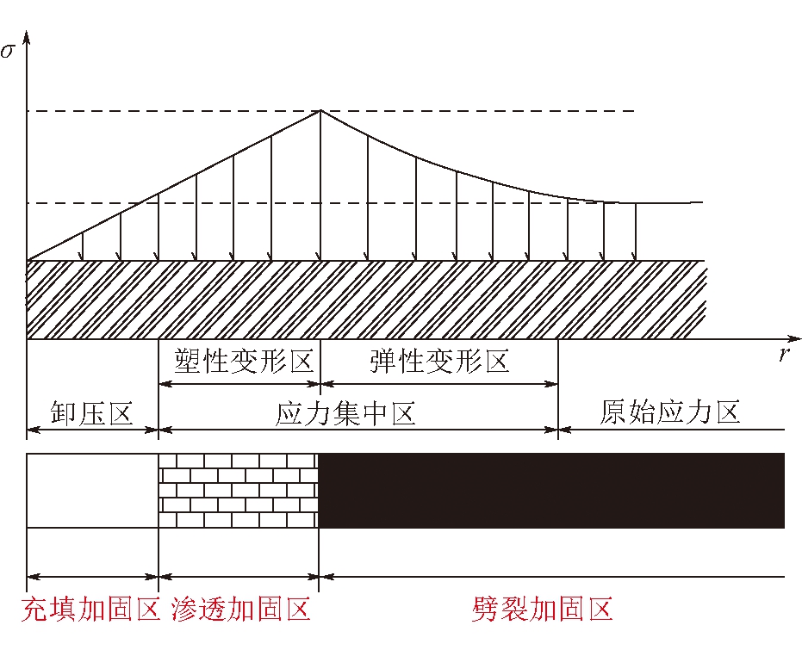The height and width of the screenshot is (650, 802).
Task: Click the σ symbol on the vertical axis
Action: [8, 51]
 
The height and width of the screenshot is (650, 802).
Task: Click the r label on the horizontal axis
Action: [784, 354]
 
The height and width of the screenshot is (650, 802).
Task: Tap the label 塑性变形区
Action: [244, 361]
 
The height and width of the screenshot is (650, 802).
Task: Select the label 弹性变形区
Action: [439, 361]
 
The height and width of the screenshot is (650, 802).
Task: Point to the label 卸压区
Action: [92, 412]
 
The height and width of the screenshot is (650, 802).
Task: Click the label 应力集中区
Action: [345, 413]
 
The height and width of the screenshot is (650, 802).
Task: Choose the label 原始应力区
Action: [670, 412]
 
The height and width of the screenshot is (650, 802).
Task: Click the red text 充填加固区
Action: [91, 609]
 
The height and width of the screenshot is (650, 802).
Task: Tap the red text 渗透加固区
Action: [241, 609]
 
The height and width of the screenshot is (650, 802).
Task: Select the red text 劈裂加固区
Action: [542, 609]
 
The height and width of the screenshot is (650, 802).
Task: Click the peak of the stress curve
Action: [320, 110]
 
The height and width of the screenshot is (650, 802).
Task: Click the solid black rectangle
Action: [551, 491]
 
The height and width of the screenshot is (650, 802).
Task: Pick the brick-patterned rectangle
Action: [239, 491]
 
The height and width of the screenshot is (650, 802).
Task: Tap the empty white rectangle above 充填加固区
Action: [92, 491]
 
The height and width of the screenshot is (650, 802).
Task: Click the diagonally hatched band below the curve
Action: [366, 300]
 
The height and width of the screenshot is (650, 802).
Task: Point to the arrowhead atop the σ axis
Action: [27, 37]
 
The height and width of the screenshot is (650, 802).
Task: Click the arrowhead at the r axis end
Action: [794, 339]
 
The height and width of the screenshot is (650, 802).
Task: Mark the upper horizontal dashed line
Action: [331, 111]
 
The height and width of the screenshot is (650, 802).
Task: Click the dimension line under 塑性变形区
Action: [239, 383]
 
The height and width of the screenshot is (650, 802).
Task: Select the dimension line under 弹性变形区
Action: [438, 383]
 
